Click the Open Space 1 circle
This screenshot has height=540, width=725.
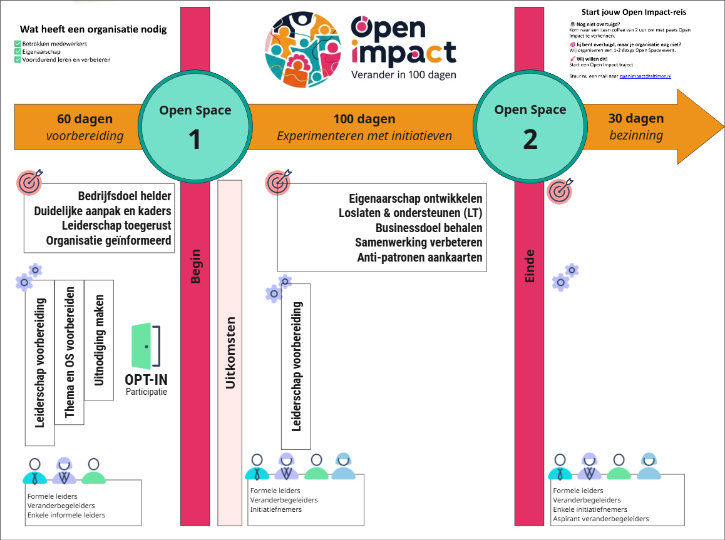pos(195,127)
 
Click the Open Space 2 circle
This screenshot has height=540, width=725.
pos(530,127)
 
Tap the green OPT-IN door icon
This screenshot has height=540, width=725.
pos(146,345)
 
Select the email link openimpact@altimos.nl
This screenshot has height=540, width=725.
pos(645,75)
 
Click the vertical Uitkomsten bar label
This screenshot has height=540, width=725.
pos(230,354)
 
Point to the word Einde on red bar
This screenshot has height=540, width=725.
pos(530,266)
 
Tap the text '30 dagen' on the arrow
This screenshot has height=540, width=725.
pos(636,118)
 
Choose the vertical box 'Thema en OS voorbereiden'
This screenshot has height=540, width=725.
pos(69,352)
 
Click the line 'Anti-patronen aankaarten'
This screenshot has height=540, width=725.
pos(419,258)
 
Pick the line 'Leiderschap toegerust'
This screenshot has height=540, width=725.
pos(116,225)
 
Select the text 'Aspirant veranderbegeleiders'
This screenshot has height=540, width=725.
pos(601,519)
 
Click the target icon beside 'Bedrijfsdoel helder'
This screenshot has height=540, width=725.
pos(29,181)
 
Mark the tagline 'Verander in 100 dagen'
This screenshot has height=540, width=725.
pos(403,74)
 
